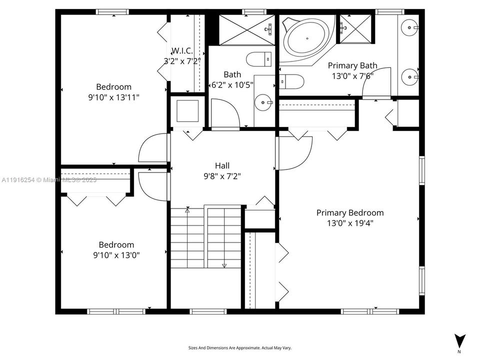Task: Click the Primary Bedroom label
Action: pos(350,212)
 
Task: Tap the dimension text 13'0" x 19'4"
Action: pos(350,223)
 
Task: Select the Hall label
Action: pos(222,165)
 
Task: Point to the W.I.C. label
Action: pos(182,51)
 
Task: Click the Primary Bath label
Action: pos(352,65)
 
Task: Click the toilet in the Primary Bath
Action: pos(292,80)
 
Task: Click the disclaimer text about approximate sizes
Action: pos(239,347)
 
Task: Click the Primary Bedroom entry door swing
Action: pos(295,152)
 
